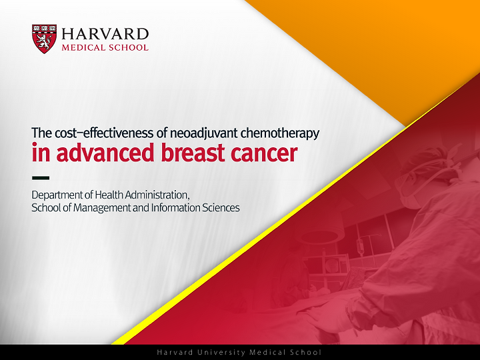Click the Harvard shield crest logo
point(45,39)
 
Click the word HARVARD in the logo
point(105,34)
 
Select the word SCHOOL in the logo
point(128,47)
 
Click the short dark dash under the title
point(41,177)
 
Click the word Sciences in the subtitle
point(221,207)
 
